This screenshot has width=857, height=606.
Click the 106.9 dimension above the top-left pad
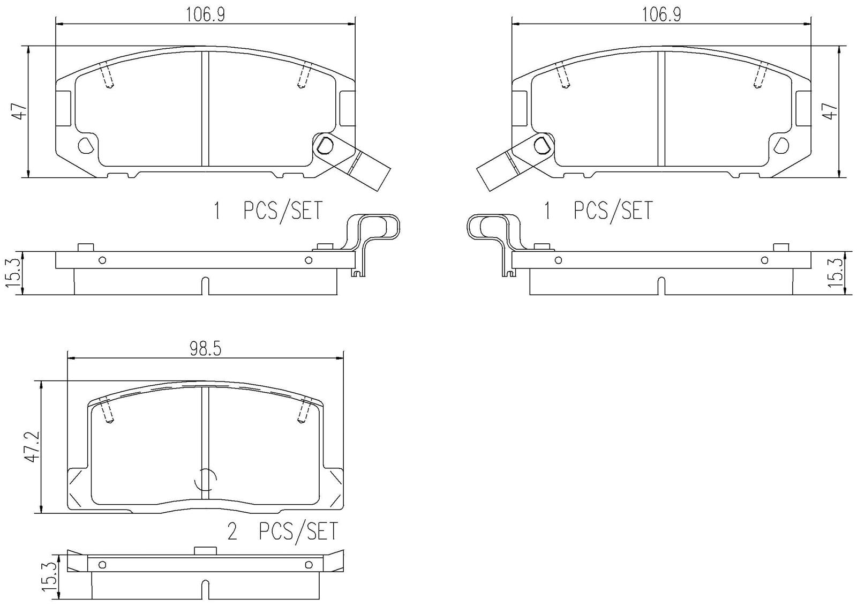[x=205, y=14]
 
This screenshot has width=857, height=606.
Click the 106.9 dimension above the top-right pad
[x=661, y=14]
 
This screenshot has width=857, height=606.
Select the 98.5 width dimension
[x=205, y=349]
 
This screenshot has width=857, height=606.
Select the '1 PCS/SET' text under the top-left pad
[x=268, y=211]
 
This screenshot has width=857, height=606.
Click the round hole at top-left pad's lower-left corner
[x=86, y=145]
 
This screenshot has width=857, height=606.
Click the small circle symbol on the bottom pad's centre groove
[x=205, y=479]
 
